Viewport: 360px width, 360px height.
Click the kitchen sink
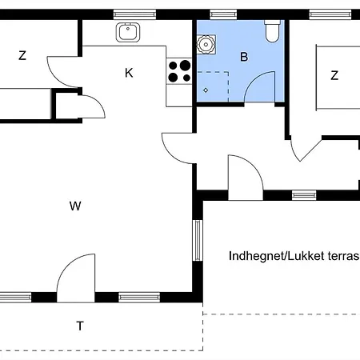(128, 32)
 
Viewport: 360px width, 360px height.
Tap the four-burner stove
(179, 71)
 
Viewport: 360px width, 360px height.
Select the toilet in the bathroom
(272, 31)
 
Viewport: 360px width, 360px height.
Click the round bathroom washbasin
(206, 44)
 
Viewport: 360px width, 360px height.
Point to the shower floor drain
(206, 90)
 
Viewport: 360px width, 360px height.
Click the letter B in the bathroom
(244, 57)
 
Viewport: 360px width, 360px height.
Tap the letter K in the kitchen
(129, 73)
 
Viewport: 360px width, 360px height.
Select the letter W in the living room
(75, 206)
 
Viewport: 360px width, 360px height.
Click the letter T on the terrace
(80, 326)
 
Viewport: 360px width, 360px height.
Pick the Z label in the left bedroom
(22, 55)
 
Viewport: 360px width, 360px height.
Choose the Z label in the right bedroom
(334, 75)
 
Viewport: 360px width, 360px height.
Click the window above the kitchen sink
(134, 14)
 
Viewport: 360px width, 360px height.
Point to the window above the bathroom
(223, 14)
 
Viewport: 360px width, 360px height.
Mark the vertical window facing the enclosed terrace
(198, 240)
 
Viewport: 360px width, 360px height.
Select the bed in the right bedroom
(338, 77)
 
